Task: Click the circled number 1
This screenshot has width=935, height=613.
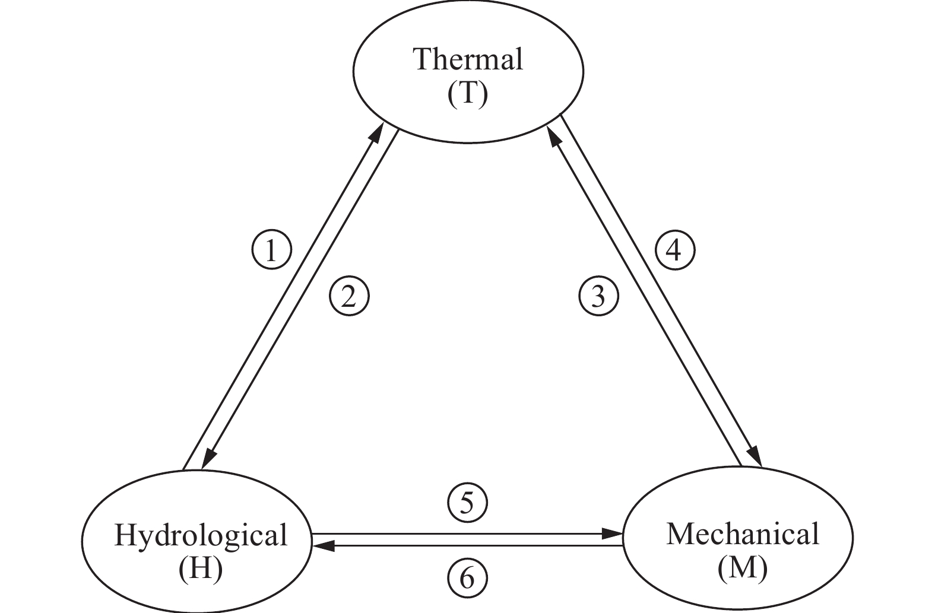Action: [271, 250]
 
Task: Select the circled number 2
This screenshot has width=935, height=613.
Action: [350, 296]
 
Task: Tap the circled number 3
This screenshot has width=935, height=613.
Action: [598, 296]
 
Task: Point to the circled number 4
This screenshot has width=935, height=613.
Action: [674, 250]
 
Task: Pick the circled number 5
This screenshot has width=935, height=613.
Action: [467, 503]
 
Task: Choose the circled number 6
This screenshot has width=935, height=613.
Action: [467, 578]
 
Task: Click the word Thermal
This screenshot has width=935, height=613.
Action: [468, 59]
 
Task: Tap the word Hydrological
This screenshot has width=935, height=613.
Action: [201, 535]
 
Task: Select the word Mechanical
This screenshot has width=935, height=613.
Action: [742, 534]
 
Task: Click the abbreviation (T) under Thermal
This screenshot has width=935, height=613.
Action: [468, 94]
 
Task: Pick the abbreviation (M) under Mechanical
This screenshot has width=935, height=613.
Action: [742, 568]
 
